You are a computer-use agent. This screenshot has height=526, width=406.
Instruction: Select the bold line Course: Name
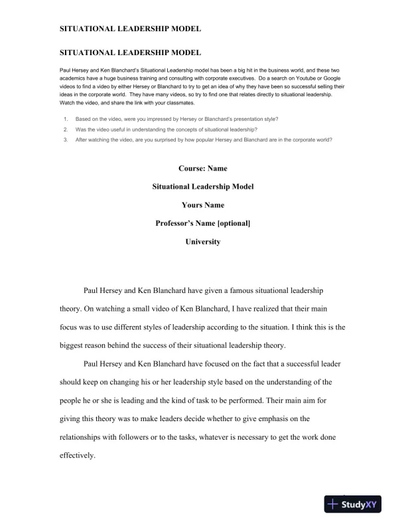202,169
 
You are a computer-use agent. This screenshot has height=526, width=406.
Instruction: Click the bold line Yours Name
202,205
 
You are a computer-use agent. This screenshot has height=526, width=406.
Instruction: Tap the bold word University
202,242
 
